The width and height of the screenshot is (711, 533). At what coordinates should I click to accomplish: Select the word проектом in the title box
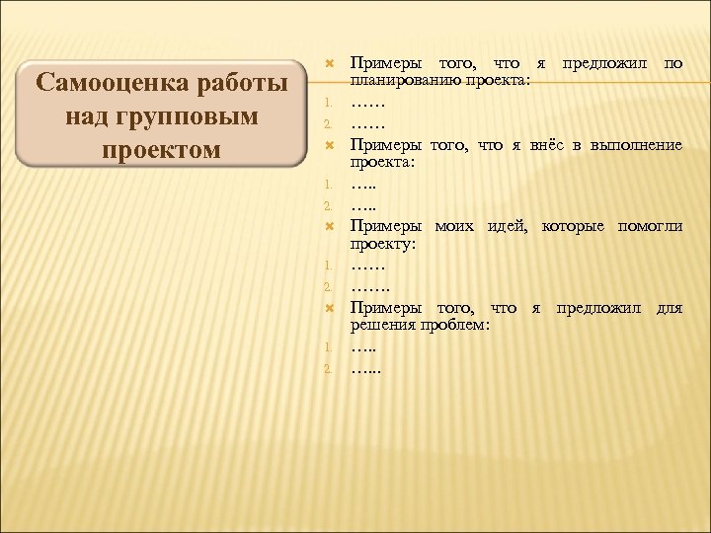point(162,150)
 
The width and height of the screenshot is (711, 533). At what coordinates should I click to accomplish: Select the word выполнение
point(635,145)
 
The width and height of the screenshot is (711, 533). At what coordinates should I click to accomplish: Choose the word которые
point(575,226)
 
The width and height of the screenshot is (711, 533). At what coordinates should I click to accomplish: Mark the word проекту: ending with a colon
point(380,242)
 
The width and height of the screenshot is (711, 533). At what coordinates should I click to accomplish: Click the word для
point(669,307)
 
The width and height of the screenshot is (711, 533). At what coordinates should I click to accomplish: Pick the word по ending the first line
point(672,64)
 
